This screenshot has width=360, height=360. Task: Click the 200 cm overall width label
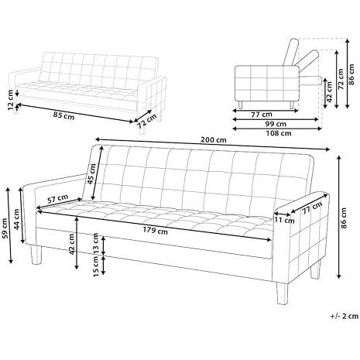point(214,140)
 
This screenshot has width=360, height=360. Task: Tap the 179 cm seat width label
point(156,231)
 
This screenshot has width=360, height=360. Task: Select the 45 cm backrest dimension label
point(91,173)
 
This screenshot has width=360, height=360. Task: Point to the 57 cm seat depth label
point(58,199)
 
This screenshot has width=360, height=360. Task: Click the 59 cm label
point(4,228)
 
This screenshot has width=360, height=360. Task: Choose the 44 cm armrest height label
point(16,219)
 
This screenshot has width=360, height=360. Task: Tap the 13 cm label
point(96,243)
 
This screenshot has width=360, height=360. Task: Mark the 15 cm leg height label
point(96,266)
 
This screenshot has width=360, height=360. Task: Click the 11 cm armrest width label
point(285,221)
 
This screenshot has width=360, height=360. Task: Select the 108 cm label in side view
point(279,133)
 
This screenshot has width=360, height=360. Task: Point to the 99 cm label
point(276,124)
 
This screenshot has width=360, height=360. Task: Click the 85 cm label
point(63,115)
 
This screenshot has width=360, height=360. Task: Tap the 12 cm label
point(10,100)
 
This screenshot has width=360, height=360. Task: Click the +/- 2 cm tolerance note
point(345,316)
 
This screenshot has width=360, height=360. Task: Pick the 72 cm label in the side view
point(341,79)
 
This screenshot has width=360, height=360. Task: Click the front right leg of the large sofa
point(282,293)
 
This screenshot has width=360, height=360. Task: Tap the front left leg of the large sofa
point(36,255)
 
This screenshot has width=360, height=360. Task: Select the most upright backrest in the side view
point(290,52)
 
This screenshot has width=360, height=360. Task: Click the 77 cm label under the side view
point(262,115)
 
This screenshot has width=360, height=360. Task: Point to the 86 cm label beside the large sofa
point(345,218)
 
